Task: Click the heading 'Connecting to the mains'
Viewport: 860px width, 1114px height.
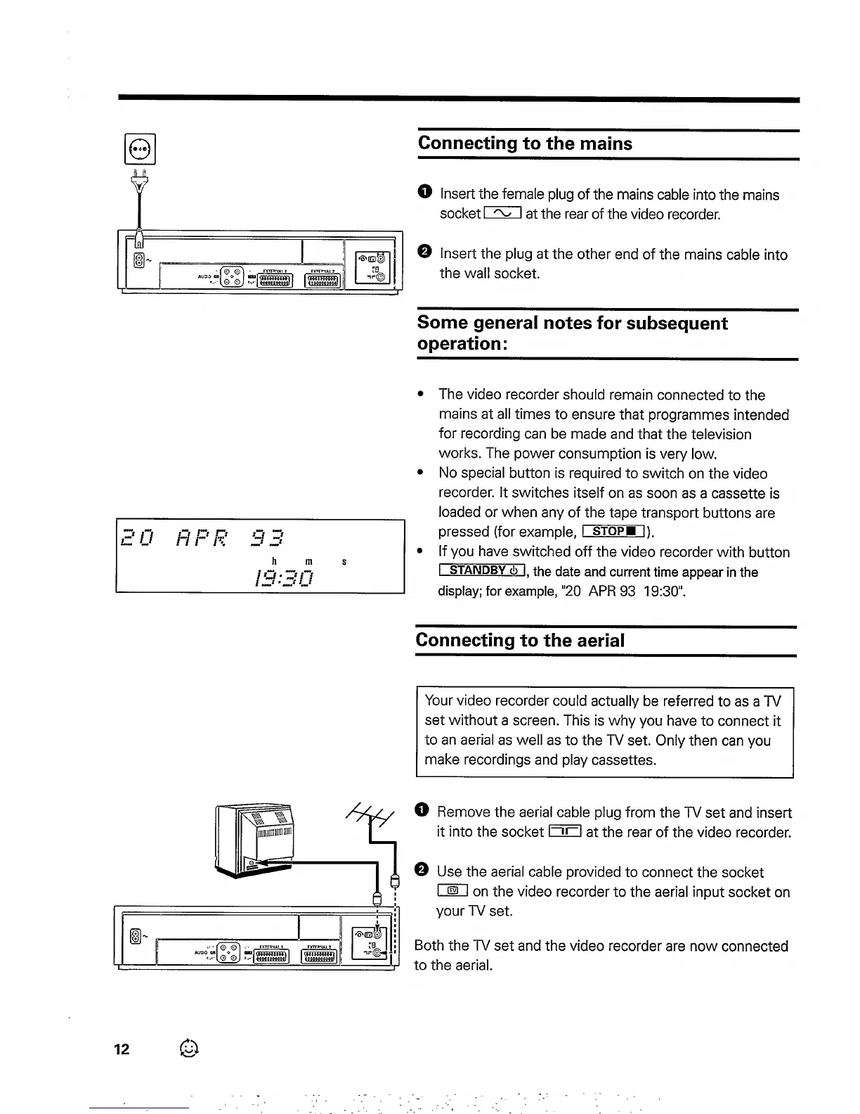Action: coord(525,143)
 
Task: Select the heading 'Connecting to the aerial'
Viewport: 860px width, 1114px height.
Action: coord(520,641)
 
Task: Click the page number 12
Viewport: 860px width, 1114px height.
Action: coord(122,1049)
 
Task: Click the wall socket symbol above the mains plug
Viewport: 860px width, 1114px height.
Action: coord(140,149)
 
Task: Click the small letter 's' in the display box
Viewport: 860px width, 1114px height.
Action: coord(344,562)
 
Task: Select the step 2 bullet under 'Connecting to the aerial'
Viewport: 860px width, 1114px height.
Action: coord(422,871)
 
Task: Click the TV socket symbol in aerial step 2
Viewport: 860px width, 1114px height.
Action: coord(452,892)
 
